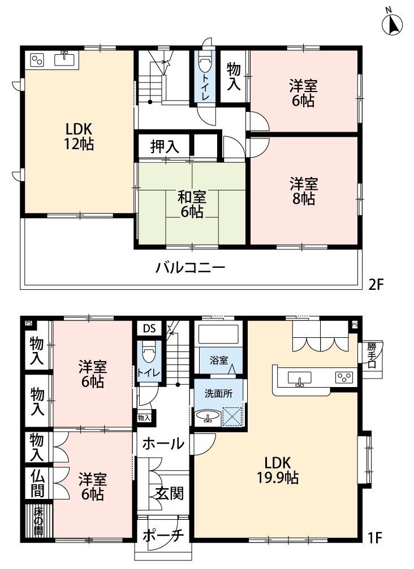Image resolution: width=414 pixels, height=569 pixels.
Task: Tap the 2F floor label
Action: pos(376,284)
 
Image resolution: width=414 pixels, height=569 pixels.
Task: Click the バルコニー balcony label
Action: pos(191,268)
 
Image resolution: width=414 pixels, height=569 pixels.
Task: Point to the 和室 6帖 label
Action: pos(192,205)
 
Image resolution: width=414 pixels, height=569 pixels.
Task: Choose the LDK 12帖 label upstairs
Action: pos(79,136)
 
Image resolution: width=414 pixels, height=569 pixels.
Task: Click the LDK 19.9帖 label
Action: pos(278,470)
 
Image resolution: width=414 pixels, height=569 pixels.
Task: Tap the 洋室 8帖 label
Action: pos(304,191)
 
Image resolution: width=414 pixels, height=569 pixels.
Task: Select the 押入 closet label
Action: pos(165,146)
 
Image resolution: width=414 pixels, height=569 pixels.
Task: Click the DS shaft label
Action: pos(149,329)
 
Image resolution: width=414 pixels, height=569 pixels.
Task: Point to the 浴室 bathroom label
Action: pos(219,360)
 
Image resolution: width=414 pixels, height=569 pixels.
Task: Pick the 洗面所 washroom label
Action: pos(218,393)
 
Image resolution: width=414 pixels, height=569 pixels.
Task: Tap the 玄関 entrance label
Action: pos(170,493)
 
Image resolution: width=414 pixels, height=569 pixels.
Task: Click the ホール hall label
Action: pos(163,443)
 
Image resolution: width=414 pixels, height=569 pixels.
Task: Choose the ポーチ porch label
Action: pos(163,536)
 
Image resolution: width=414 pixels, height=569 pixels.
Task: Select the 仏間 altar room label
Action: pos(37,483)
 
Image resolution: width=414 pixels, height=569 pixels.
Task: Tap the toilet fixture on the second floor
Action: pos(205,63)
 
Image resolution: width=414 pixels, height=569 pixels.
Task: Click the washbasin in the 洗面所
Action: pos(208,416)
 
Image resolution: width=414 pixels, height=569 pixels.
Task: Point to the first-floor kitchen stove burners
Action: pos(344,378)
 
